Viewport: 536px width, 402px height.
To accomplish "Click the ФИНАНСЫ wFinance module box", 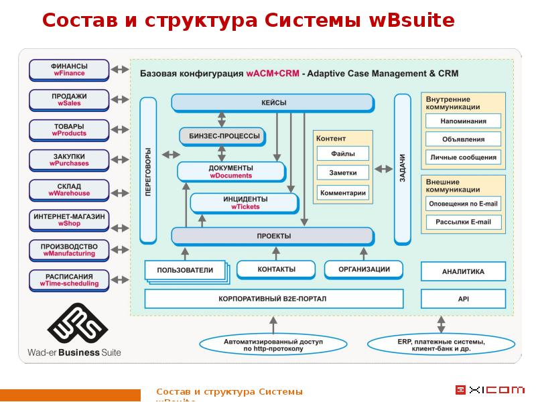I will [x=68, y=70].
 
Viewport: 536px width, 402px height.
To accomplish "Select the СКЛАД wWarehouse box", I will [x=68, y=190].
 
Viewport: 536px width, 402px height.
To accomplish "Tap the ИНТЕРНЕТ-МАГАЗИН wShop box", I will [x=68, y=220].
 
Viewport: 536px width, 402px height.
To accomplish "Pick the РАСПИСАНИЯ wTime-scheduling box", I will [x=68, y=280].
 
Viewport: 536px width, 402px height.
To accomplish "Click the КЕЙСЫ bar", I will [x=273, y=103].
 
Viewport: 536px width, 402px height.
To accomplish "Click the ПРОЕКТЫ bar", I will [x=273, y=237].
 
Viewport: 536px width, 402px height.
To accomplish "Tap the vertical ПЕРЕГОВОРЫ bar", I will [x=148, y=170].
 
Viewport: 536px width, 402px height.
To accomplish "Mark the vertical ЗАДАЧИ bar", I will [x=402, y=170].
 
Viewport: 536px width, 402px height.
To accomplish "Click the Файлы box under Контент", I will [x=343, y=154].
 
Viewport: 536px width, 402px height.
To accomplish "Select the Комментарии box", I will [x=343, y=193].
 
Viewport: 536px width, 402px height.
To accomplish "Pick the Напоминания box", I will [x=463, y=121].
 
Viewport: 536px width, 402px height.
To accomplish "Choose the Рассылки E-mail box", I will [x=463, y=222].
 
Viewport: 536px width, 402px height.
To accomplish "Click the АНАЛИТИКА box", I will [x=462, y=272].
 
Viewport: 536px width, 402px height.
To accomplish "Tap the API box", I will [x=462, y=299].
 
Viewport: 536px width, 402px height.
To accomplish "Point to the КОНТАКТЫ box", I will [x=275, y=269].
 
